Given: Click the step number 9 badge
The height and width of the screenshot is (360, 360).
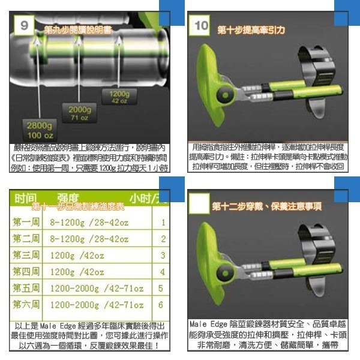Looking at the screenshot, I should pyautogui.click(x=24, y=25).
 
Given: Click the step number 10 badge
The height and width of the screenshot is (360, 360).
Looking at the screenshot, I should pyautogui.click(x=202, y=25).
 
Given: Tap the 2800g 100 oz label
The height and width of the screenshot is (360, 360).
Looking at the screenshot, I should pyautogui.click(x=38, y=130).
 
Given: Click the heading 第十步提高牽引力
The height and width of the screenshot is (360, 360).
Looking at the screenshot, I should pyautogui.click(x=251, y=29).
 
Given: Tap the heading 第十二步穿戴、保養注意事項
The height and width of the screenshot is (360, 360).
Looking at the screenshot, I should pyautogui.click(x=266, y=206).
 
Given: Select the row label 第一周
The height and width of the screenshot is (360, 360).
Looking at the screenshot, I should pyautogui.click(x=26, y=223).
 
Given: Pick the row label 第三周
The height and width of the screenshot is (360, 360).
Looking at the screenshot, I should pyautogui.click(x=26, y=255).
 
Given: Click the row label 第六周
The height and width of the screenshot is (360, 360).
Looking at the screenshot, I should pyautogui.click(x=26, y=304).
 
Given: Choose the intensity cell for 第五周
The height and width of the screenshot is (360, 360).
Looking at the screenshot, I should pyautogui.click(x=96, y=288).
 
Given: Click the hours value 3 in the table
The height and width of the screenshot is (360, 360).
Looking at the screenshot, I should pyautogui.click(x=162, y=256).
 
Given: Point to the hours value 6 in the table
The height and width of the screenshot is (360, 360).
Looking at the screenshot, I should pyautogui.click(x=161, y=305).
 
